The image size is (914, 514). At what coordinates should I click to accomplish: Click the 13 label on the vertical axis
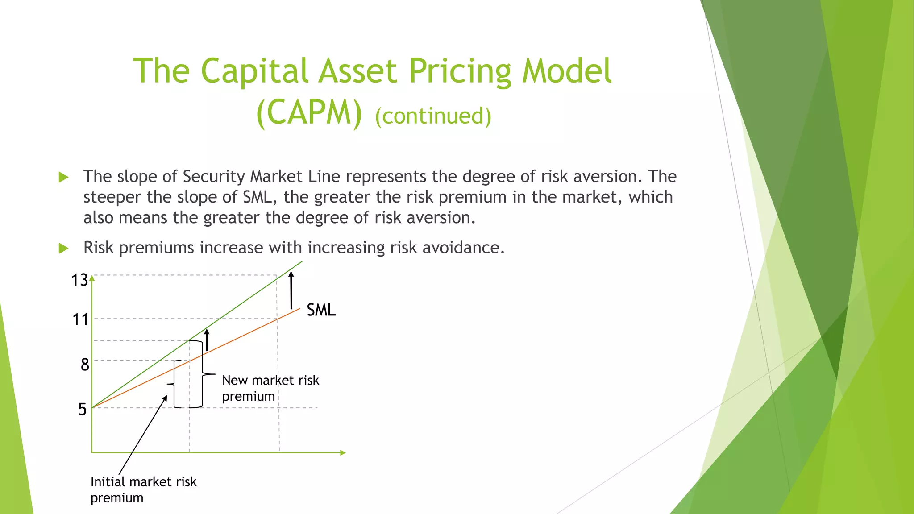click(80, 280)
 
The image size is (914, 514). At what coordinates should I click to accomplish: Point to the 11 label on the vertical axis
click(80, 319)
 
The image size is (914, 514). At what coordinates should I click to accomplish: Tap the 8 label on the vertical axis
click(85, 365)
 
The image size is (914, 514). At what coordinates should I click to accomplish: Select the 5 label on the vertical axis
click(83, 409)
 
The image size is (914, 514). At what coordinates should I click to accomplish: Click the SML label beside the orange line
click(321, 310)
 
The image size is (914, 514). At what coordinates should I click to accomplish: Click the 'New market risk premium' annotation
click(270, 388)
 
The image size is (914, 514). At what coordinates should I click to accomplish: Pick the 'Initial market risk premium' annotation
click(143, 489)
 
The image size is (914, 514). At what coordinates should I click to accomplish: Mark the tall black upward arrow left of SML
click(291, 290)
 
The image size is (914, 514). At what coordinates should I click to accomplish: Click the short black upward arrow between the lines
click(207, 340)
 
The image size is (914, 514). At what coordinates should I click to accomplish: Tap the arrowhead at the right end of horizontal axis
click(343, 452)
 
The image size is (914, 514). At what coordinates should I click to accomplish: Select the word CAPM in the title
click(309, 112)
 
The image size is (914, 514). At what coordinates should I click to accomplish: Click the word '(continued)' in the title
click(433, 116)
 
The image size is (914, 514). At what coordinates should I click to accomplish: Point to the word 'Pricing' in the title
click(460, 71)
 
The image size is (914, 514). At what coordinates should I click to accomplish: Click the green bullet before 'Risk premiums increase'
click(63, 248)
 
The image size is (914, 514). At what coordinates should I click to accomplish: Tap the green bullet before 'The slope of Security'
click(63, 177)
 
